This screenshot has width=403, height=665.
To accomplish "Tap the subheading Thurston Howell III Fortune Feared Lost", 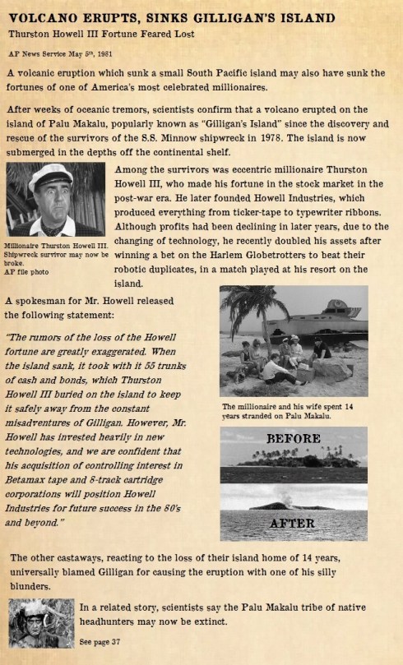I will pyautogui.click(x=102, y=33).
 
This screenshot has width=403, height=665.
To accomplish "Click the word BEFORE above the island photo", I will pyautogui.click(x=293, y=438).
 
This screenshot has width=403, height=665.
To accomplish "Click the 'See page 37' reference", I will pyautogui.click(x=101, y=640).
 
